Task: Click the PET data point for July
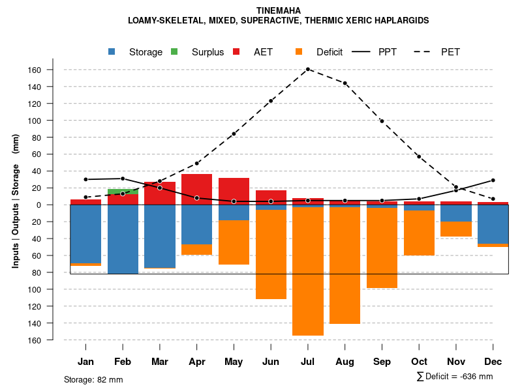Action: [308, 69]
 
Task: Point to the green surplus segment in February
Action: [123, 192]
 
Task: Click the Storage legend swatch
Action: [113, 52]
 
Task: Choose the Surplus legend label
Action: [207, 52]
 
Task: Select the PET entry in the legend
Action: [450, 52]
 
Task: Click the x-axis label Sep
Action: [382, 362]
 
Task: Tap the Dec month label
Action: [493, 362]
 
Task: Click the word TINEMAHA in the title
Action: [279, 10]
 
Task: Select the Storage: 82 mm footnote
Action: [93, 379]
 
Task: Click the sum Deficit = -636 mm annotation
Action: [454, 377]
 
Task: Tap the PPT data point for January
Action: [85, 179]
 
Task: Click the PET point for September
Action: [382, 121]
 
